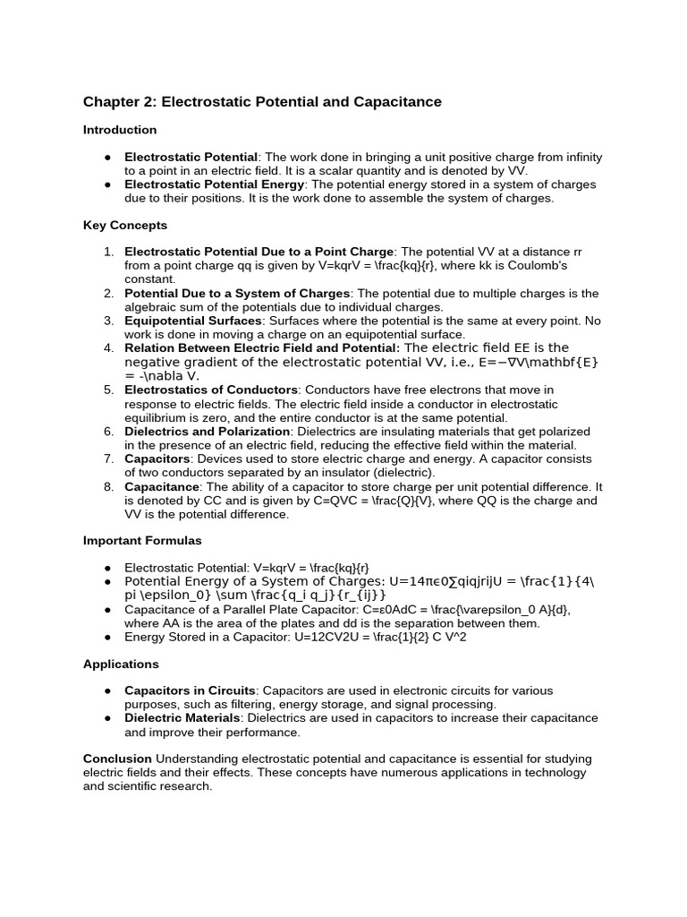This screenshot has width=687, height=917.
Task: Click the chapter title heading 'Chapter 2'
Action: coord(262,102)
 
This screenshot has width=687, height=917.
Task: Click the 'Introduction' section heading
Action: coord(120,130)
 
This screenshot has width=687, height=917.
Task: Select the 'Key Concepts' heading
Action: coord(125,226)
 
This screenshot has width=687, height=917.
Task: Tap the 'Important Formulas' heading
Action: coord(142,541)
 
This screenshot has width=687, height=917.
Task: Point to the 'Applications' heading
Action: coord(121,664)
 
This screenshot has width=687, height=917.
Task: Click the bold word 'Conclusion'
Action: coord(117,758)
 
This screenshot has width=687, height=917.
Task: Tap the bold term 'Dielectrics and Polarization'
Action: coord(207,432)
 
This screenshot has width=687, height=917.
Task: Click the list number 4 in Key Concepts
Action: coord(108,348)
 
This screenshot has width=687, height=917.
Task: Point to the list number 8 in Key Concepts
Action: coord(108,487)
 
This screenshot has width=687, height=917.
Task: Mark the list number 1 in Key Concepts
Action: coord(108,253)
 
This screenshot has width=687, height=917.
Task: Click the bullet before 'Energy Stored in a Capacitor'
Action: coord(107,637)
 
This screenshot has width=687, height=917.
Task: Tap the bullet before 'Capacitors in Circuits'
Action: coord(107,691)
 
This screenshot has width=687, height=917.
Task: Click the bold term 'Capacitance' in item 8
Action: coord(162,487)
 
